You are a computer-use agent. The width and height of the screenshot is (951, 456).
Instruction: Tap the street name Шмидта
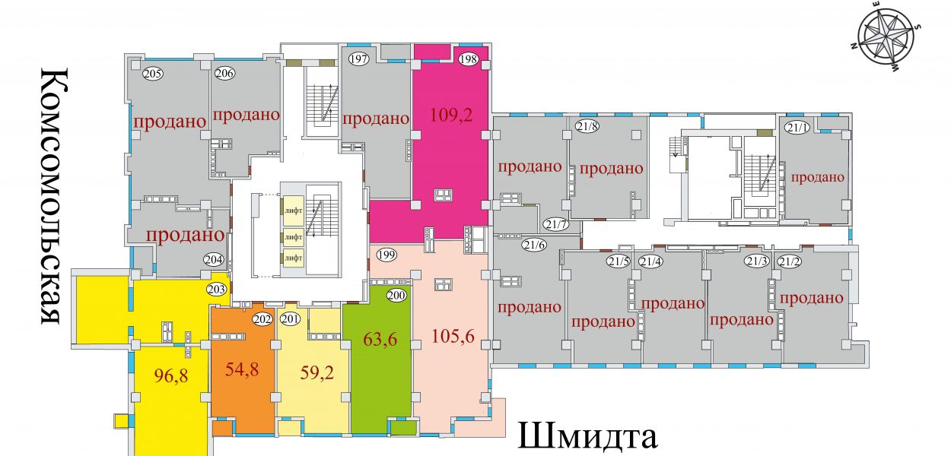click(587, 436)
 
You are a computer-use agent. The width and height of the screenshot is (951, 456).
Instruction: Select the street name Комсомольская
click(53, 196)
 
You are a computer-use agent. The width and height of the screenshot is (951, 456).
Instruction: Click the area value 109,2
click(451, 115)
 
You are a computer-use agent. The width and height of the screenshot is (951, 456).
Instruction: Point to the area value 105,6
click(453, 336)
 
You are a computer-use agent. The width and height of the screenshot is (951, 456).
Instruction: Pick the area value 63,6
click(380, 339)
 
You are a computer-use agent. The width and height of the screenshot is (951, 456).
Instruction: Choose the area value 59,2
click(316, 372)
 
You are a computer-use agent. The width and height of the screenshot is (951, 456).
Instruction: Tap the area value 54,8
click(242, 369)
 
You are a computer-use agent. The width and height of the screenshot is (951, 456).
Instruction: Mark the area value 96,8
click(171, 375)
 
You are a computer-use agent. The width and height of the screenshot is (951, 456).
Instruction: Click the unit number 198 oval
click(469, 59)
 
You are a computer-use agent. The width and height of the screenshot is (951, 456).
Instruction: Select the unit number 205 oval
click(152, 74)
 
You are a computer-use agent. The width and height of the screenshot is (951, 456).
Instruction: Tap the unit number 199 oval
click(386, 255)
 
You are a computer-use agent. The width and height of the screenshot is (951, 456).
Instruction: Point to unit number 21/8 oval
click(587, 126)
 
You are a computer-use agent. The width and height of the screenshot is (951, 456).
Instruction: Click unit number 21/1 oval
click(798, 127)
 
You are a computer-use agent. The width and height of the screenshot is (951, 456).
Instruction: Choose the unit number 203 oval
click(217, 290)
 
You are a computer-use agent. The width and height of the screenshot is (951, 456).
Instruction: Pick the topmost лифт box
click(294, 210)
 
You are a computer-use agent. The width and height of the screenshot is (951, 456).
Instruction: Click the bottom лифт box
click(294, 258)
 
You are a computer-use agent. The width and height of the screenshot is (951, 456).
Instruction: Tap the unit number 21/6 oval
click(534, 245)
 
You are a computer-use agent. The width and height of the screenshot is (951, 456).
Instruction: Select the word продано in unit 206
click(246, 115)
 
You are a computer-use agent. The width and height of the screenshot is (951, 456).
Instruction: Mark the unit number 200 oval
click(396, 295)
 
